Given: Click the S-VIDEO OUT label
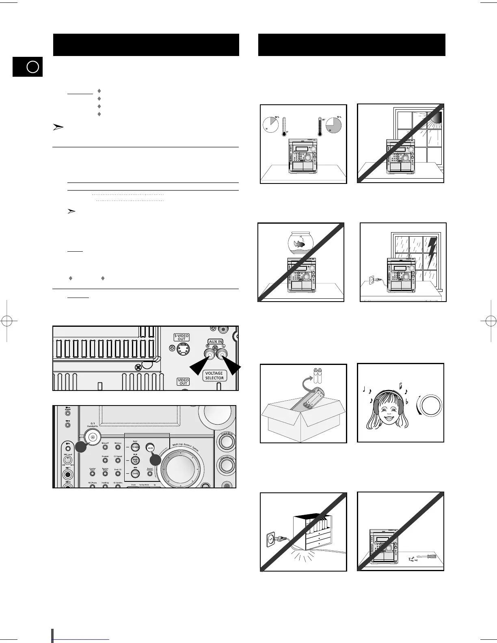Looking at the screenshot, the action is (x=182, y=337).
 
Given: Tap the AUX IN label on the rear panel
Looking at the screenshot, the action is (x=215, y=342).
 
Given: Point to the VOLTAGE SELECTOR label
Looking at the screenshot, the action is (x=214, y=375).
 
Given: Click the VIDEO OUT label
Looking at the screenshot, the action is (x=183, y=382).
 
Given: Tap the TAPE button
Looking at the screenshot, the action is (x=135, y=473).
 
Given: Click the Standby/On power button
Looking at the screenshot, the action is (x=93, y=437).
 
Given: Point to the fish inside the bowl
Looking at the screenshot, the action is (x=300, y=244).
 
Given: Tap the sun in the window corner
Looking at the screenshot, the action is (x=436, y=117).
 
